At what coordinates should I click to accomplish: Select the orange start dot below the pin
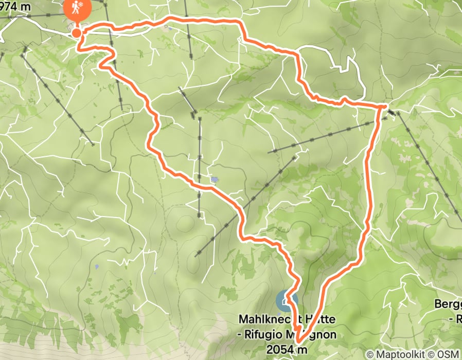point(76,33)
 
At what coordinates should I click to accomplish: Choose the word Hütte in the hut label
point(321,319)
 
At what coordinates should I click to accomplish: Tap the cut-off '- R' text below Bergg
point(456,319)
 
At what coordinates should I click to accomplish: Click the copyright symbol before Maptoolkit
point(370,354)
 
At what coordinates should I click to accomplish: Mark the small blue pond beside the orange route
point(214,179)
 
